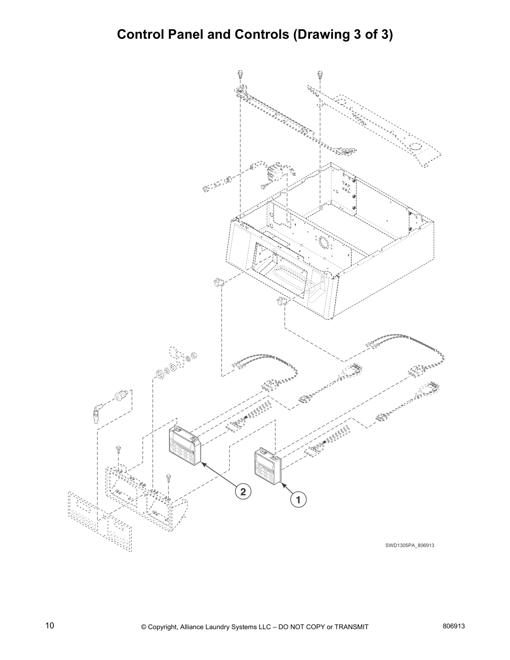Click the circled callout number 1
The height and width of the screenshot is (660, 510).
(x=298, y=499)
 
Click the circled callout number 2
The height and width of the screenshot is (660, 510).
(x=243, y=491)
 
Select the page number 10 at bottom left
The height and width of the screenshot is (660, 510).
(x=50, y=625)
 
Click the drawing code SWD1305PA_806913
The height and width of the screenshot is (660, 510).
(x=410, y=545)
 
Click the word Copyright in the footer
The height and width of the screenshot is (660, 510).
(x=164, y=627)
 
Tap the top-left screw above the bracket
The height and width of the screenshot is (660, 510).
(x=241, y=75)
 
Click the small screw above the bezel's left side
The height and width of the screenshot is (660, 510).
(x=119, y=450)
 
